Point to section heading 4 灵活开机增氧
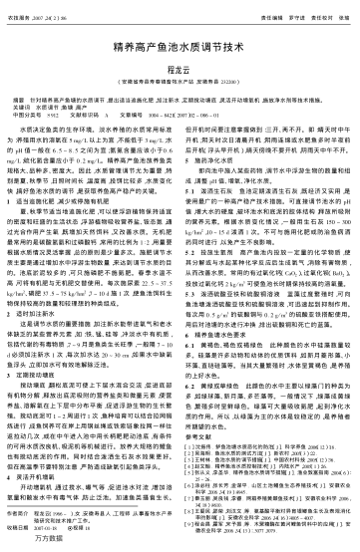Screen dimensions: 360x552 68,446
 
